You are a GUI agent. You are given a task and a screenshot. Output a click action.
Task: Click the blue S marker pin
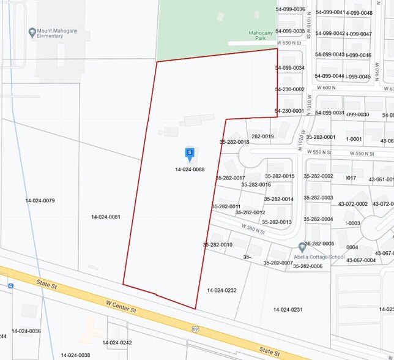[190, 152]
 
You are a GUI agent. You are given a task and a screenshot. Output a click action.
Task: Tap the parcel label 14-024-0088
[190, 170]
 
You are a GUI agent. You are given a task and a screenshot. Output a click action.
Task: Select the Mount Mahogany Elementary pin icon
[32, 32]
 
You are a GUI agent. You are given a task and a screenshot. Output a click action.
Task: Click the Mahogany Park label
[264, 36]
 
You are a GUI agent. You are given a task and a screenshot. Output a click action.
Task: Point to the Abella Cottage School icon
[302, 247]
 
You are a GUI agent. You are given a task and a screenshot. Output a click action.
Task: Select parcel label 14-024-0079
[40, 201]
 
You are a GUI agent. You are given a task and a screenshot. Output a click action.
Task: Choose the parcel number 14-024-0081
[105, 217]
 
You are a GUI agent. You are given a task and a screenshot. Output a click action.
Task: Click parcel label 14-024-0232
[221, 290]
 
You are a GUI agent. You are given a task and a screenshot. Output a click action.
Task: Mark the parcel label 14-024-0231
[288, 310]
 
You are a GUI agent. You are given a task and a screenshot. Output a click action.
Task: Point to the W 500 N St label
[253, 229]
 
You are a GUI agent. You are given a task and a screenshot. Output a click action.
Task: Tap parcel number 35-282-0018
[234, 142]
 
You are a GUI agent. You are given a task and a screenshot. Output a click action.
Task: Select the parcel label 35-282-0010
[218, 244]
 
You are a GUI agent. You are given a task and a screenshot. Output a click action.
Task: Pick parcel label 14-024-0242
[117, 343]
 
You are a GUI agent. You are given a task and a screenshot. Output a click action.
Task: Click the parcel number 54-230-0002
[290, 89]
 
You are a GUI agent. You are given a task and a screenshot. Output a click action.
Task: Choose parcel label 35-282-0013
[277, 222]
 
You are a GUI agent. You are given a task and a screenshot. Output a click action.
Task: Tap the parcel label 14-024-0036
[26, 331]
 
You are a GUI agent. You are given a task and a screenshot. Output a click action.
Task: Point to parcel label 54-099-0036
[290, 9]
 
